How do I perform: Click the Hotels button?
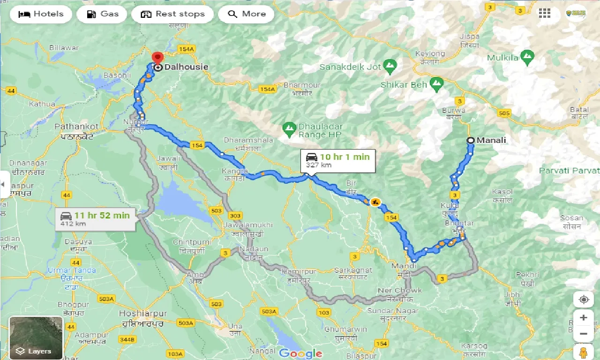coord(41,14)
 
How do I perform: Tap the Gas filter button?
coord(103,14)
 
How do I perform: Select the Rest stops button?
coord(172,14)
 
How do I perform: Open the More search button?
coord(247,14)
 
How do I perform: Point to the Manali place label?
coord(491,140)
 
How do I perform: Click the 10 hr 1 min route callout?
coord(337,160)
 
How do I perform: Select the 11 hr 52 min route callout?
coord(95,219)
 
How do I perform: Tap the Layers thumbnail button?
coord(36,337)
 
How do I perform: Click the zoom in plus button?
coord(583,318)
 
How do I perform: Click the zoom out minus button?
coord(583,334)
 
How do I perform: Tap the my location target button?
coord(583,300)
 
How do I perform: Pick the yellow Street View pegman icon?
coord(583,352)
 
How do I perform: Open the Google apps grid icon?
coord(544,13)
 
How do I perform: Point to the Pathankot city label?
coord(76,127)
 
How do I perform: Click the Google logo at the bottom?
coord(300,353)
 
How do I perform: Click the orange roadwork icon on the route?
coord(375,202)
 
